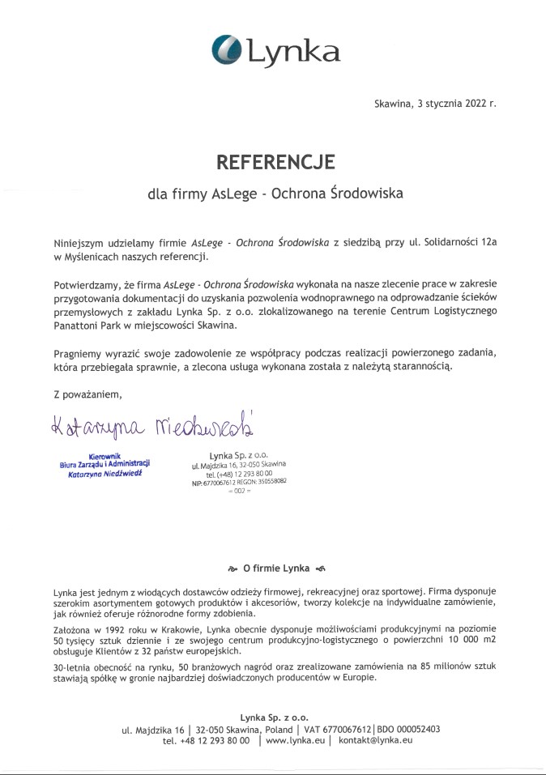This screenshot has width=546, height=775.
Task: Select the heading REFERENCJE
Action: [x=275, y=162]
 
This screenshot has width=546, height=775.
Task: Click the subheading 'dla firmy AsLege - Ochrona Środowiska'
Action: [x=275, y=194]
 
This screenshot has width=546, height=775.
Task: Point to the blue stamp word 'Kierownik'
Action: [x=105, y=457]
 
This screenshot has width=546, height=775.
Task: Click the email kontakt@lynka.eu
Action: [x=376, y=740]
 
